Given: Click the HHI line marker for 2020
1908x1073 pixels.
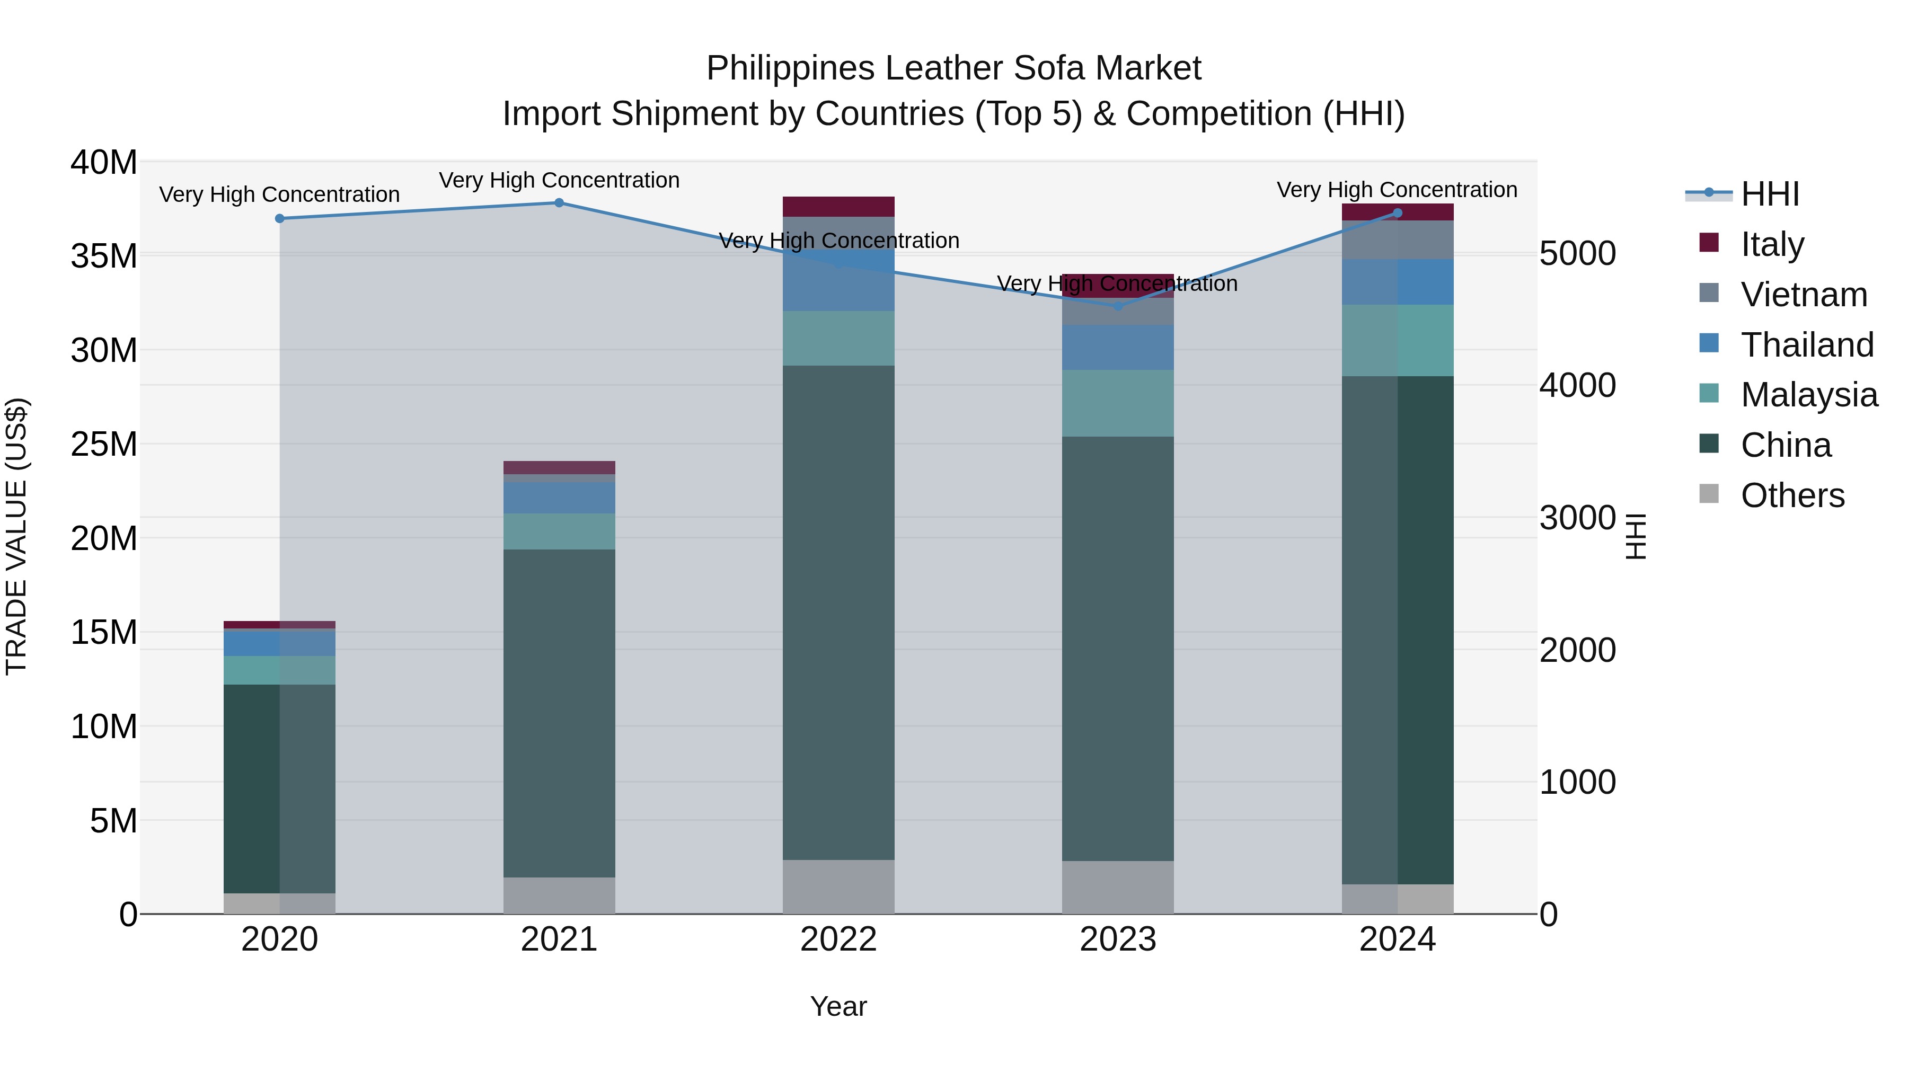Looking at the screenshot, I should pyautogui.click(x=279, y=218).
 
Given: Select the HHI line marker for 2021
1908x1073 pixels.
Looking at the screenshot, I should pyautogui.click(x=559, y=203).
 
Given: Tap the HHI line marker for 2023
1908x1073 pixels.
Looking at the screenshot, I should pyautogui.click(x=1118, y=306).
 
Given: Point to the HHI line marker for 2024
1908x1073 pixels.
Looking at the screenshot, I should pyautogui.click(x=1398, y=213).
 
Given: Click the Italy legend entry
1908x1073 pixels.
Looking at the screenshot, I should pyautogui.click(x=1772, y=244).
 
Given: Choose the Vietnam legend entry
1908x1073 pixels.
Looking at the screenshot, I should pyautogui.click(x=1804, y=295).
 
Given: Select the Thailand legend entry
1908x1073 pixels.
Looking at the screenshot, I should pyautogui.click(x=1807, y=345).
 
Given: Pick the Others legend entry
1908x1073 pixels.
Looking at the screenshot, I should pyautogui.click(x=1792, y=495).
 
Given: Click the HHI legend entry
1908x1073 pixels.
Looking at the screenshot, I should pyautogui.click(x=1770, y=194).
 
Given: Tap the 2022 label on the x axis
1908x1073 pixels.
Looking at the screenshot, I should pyautogui.click(x=838, y=939).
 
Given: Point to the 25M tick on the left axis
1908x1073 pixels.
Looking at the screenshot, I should pyautogui.click(x=104, y=445).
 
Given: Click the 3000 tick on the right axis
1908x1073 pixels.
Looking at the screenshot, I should pyautogui.click(x=1578, y=518).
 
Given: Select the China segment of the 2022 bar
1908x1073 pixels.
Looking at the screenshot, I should pyautogui.click(x=838, y=613).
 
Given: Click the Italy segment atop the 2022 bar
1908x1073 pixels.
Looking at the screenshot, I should pyautogui.click(x=838, y=207).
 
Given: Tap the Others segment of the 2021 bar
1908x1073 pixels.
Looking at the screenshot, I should pyautogui.click(x=559, y=895).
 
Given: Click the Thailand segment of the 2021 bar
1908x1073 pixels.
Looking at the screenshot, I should pyautogui.click(x=559, y=498).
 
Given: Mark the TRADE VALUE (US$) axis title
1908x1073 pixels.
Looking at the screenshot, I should pyautogui.click(x=17, y=536).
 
